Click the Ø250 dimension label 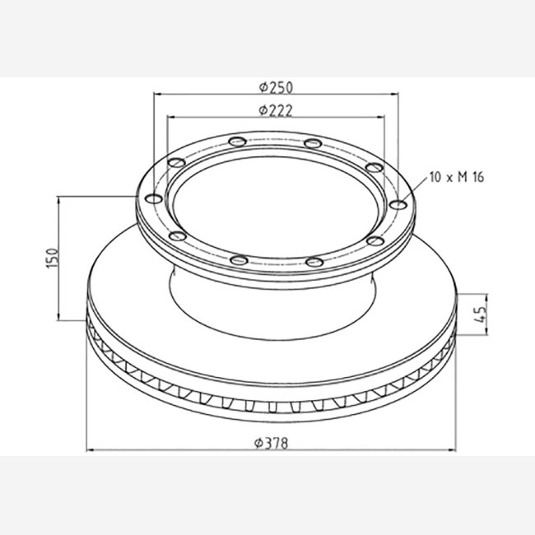[276, 88]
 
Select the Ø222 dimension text [276, 110]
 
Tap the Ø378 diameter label [272, 443]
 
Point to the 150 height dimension [53, 258]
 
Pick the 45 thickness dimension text [480, 314]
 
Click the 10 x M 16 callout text [457, 177]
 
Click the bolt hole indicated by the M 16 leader [398, 205]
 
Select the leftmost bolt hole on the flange [154, 198]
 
